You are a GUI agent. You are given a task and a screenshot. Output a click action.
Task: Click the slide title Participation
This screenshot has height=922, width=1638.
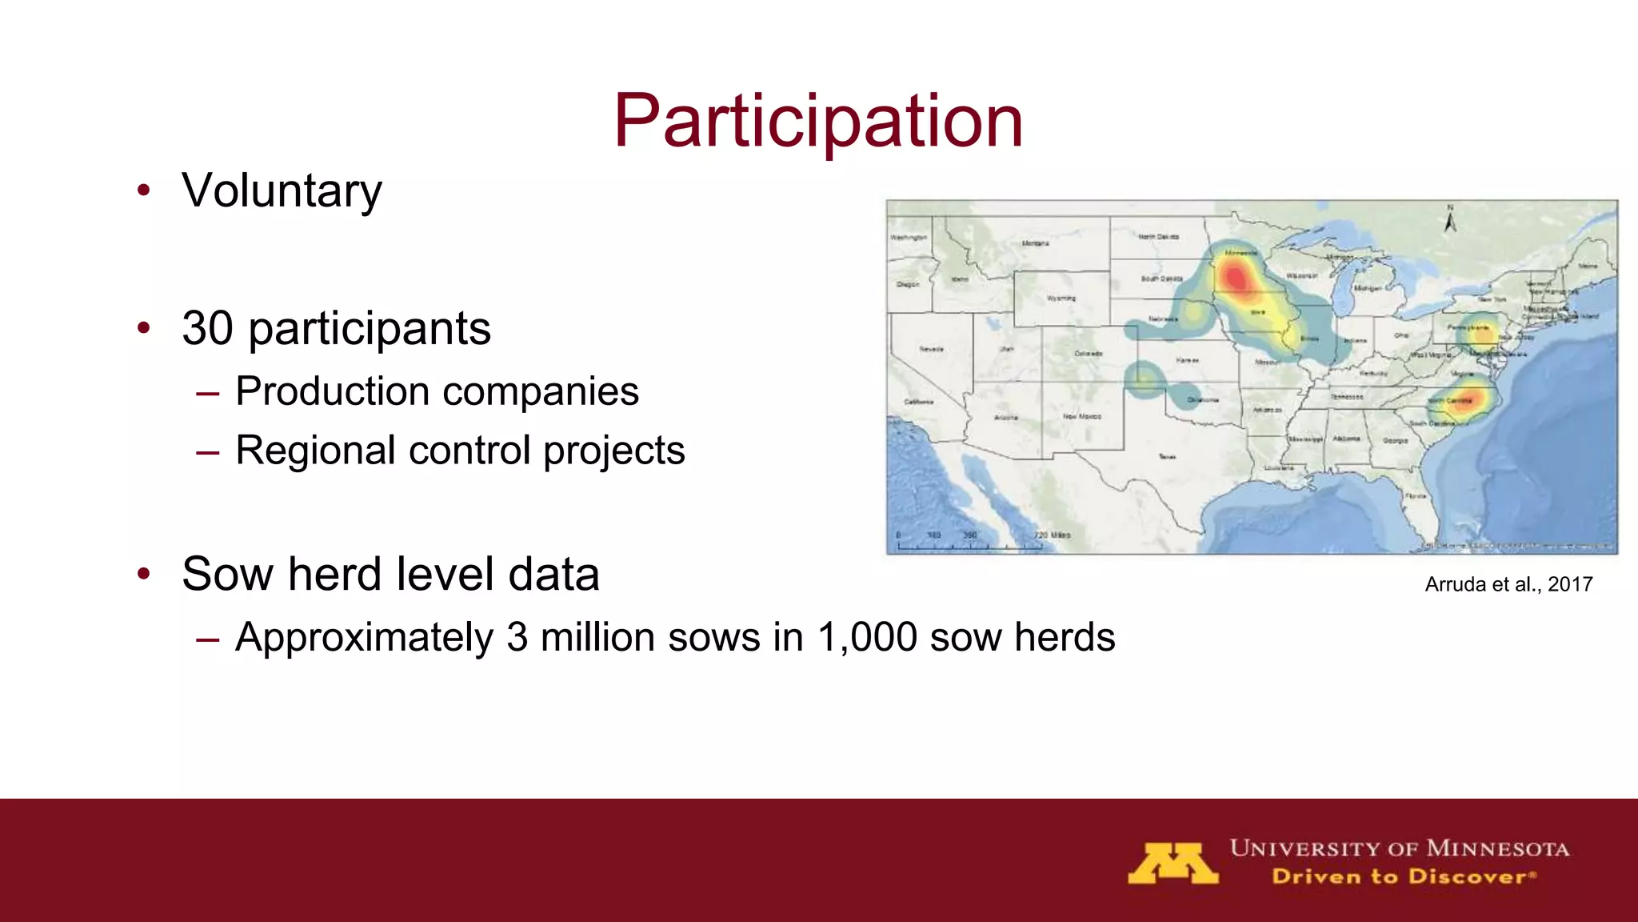(817, 122)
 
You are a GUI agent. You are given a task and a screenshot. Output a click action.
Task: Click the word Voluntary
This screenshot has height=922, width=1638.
(282, 191)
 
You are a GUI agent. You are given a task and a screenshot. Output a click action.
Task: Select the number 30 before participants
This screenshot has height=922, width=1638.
(207, 329)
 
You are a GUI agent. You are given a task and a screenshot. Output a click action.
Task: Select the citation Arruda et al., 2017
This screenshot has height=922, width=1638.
(1508, 584)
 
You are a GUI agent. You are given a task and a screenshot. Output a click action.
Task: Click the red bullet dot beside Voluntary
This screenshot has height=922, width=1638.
(144, 190)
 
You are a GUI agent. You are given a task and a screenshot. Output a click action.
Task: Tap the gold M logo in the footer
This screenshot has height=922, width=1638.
(1173, 864)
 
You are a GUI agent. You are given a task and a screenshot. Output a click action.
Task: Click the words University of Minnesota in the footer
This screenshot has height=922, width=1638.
(1399, 848)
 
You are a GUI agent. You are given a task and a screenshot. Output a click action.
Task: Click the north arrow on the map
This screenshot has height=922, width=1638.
(1450, 219)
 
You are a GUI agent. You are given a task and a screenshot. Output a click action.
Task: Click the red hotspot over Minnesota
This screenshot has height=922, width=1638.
(1236, 278)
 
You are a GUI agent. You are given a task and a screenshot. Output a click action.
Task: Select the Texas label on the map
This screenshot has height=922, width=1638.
(1167, 456)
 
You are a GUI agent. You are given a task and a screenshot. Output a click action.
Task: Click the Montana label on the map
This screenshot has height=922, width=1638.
(1035, 243)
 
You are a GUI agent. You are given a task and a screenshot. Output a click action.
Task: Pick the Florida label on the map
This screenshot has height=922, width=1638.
(1416, 496)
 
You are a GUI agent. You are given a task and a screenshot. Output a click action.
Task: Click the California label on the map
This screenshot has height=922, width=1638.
(917, 402)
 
